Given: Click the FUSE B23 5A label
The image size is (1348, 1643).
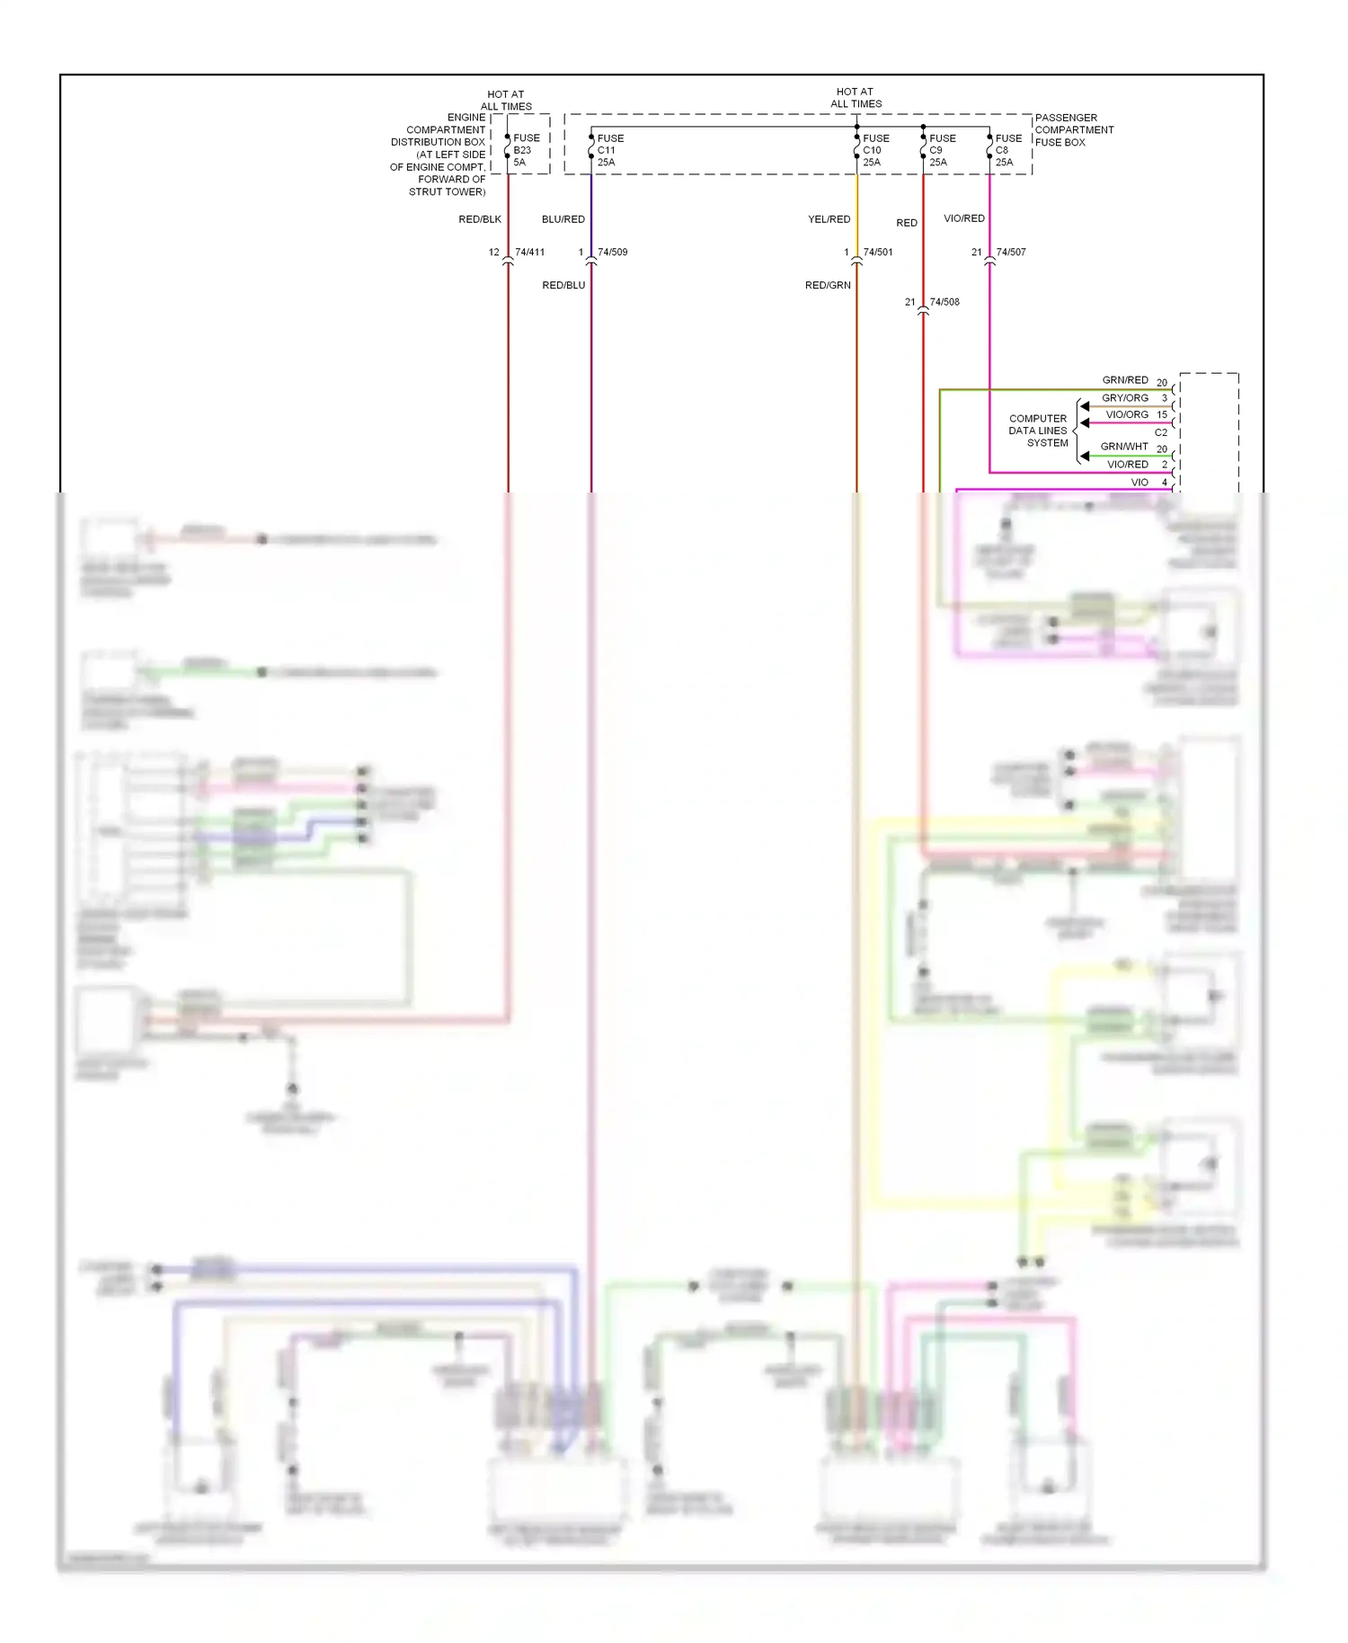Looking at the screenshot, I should [526, 150].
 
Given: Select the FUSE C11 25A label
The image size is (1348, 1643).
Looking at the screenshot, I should [610, 150].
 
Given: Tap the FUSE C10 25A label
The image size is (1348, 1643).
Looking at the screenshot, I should [875, 150].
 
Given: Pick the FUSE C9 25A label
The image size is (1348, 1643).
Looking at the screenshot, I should [941, 150].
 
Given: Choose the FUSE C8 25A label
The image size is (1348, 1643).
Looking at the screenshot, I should [1007, 150].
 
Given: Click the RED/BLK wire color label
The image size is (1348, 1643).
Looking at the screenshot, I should [480, 219].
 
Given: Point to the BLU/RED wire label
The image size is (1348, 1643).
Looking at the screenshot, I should [563, 219].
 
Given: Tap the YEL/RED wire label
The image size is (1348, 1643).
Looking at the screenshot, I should [829, 219].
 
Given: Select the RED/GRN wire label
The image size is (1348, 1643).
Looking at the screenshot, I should [828, 286].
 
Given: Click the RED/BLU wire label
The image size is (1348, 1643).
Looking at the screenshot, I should [563, 286].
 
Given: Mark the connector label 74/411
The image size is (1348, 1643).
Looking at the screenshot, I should [529, 253].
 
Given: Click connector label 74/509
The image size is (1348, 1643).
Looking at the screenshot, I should [613, 253].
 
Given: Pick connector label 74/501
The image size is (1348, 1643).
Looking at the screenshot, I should [878, 253].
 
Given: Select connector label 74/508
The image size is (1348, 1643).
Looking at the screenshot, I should [944, 302].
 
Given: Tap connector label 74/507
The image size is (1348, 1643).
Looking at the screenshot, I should [1011, 253].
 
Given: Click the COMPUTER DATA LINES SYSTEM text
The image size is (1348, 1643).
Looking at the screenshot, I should [1038, 431].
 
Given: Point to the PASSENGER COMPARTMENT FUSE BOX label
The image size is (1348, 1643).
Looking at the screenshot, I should [1073, 130].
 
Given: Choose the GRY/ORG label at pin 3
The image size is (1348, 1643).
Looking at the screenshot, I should [1125, 398].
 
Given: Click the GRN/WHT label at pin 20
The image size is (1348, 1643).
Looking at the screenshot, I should [1124, 447].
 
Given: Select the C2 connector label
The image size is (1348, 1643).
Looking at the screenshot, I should [1161, 432].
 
